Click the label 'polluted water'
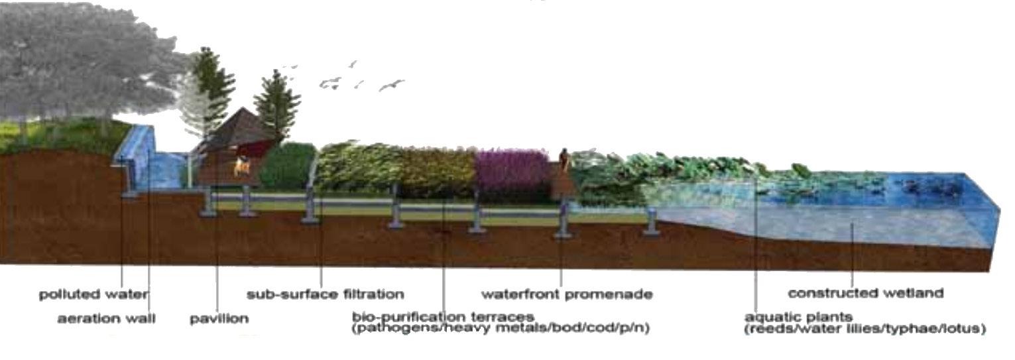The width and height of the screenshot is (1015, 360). pos(93,294)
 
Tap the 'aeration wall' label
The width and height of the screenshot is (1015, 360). pos(106,319)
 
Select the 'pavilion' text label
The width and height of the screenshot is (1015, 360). pos(219,319)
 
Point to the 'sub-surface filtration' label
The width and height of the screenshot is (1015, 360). pos(325,294)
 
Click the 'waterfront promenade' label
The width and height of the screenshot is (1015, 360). pos(566,294)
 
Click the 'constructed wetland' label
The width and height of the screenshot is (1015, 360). pos(865,293)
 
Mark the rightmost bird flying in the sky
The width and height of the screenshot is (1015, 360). pos(391,84)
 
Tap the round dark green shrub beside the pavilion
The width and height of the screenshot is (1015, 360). pos(286,166)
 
